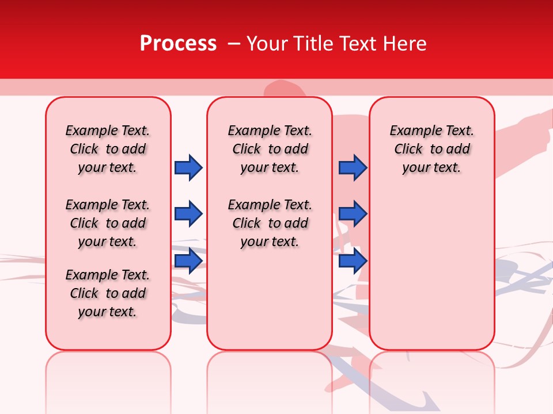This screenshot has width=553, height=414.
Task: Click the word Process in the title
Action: [x=178, y=44]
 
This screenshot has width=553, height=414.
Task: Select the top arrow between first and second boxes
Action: [x=188, y=167]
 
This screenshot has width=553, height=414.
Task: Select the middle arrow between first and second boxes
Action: [x=188, y=214]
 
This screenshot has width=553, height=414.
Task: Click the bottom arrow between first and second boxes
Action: [x=188, y=260]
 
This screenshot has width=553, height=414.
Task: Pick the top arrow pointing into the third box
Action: [x=353, y=167]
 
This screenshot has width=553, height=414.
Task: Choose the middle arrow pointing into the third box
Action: [x=353, y=214]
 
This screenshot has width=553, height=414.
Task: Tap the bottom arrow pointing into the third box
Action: [x=353, y=260]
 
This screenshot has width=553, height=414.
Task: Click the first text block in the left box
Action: [x=108, y=149]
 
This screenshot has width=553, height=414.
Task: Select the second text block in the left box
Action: [x=108, y=223]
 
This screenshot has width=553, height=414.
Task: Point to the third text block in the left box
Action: [x=108, y=293]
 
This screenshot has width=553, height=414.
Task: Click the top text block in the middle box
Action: [x=270, y=149]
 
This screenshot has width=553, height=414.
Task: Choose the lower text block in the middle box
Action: [x=270, y=223]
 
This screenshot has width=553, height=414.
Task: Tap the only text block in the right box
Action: [x=431, y=149]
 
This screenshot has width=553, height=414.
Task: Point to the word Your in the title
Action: [x=267, y=44]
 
